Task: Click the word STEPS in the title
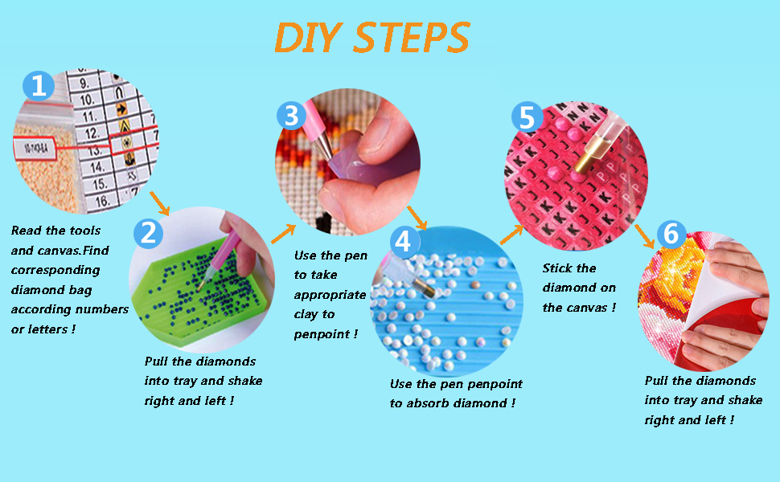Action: click(x=411, y=37)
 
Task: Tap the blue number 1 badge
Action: click(x=39, y=85)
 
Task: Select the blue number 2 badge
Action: click(x=148, y=232)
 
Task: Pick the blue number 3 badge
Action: click(x=292, y=116)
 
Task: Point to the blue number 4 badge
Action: click(x=404, y=242)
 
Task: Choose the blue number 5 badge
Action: click(x=527, y=116)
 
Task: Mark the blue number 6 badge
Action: click(x=671, y=234)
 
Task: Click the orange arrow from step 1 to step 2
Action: click(x=160, y=203)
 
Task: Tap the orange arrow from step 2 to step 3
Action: click(x=284, y=234)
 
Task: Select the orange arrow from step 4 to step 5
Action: click(x=512, y=235)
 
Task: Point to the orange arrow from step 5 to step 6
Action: click(x=645, y=236)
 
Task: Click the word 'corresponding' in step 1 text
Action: click(x=55, y=270)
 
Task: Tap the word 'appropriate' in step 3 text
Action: click(x=330, y=295)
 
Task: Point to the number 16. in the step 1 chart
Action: click(x=102, y=202)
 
